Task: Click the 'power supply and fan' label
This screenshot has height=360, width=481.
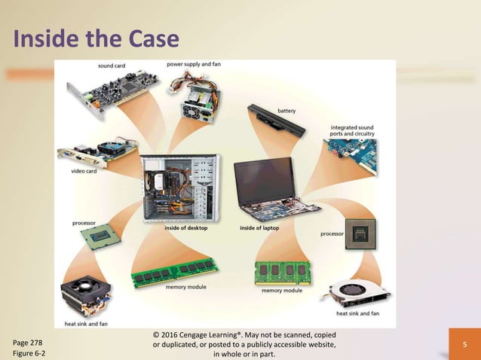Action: pos(194,65)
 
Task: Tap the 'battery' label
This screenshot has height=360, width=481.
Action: pos(286,111)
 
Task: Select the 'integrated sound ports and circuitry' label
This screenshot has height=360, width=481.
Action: pos(353,131)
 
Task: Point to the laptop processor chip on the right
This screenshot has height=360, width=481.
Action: pos(360,233)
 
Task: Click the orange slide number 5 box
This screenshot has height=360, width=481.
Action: pos(465,345)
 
